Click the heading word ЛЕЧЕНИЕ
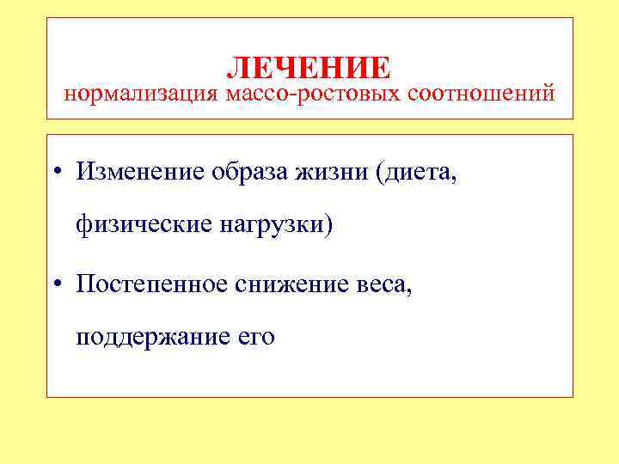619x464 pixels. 309,67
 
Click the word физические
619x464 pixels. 141,226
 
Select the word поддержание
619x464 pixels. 150,336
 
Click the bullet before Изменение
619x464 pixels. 56,172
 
